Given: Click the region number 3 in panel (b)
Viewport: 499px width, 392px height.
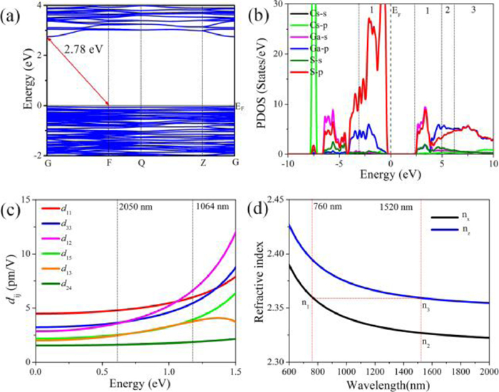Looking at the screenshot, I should point(473,11).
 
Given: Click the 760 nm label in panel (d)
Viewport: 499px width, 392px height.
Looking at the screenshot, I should point(328,211).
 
